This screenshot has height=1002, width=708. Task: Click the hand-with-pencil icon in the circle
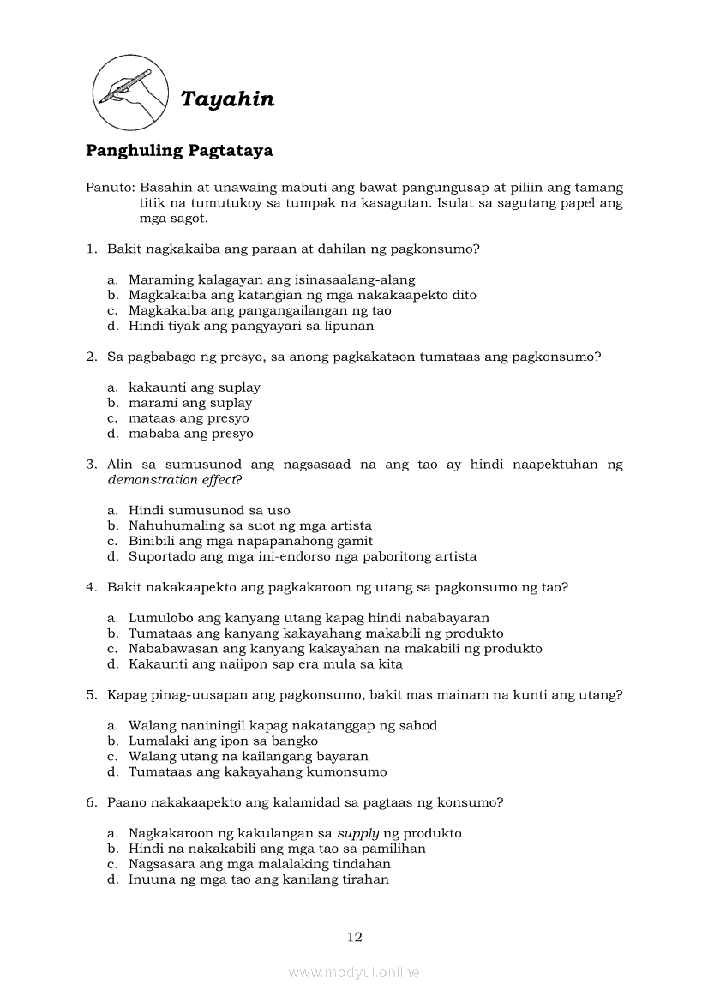pyautogui.click(x=129, y=88)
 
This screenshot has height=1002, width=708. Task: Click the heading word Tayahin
pyautogui.click(x=227, y=99)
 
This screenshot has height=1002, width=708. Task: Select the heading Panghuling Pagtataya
pyautogui.click(x=179, y=151)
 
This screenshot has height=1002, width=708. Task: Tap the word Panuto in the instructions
pyautogui.click(x=109, y=188)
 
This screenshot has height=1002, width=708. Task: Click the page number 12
pyautogui.click(x=354, y=937)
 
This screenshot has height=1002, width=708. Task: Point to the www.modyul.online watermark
pyautogui.click(x=354, y=972)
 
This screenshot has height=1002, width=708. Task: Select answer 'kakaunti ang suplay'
pyautogui.click(x=194, y=387)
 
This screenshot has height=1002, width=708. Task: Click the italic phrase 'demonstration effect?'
pyautogui.click(x=175, y=480)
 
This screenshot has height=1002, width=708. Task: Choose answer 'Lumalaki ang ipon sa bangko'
pyautogui.click(x=223, y=741)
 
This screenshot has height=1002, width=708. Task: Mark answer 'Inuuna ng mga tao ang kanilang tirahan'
pyautogui.click(x=258, y=879)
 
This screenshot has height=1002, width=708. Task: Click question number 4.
pyautogui.click(x=91, y=587)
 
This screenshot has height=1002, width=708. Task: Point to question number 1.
pyautogui.click(x=91, y=249)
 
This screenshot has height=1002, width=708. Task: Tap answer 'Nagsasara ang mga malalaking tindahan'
pyautogui.click(x=259, y=864)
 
